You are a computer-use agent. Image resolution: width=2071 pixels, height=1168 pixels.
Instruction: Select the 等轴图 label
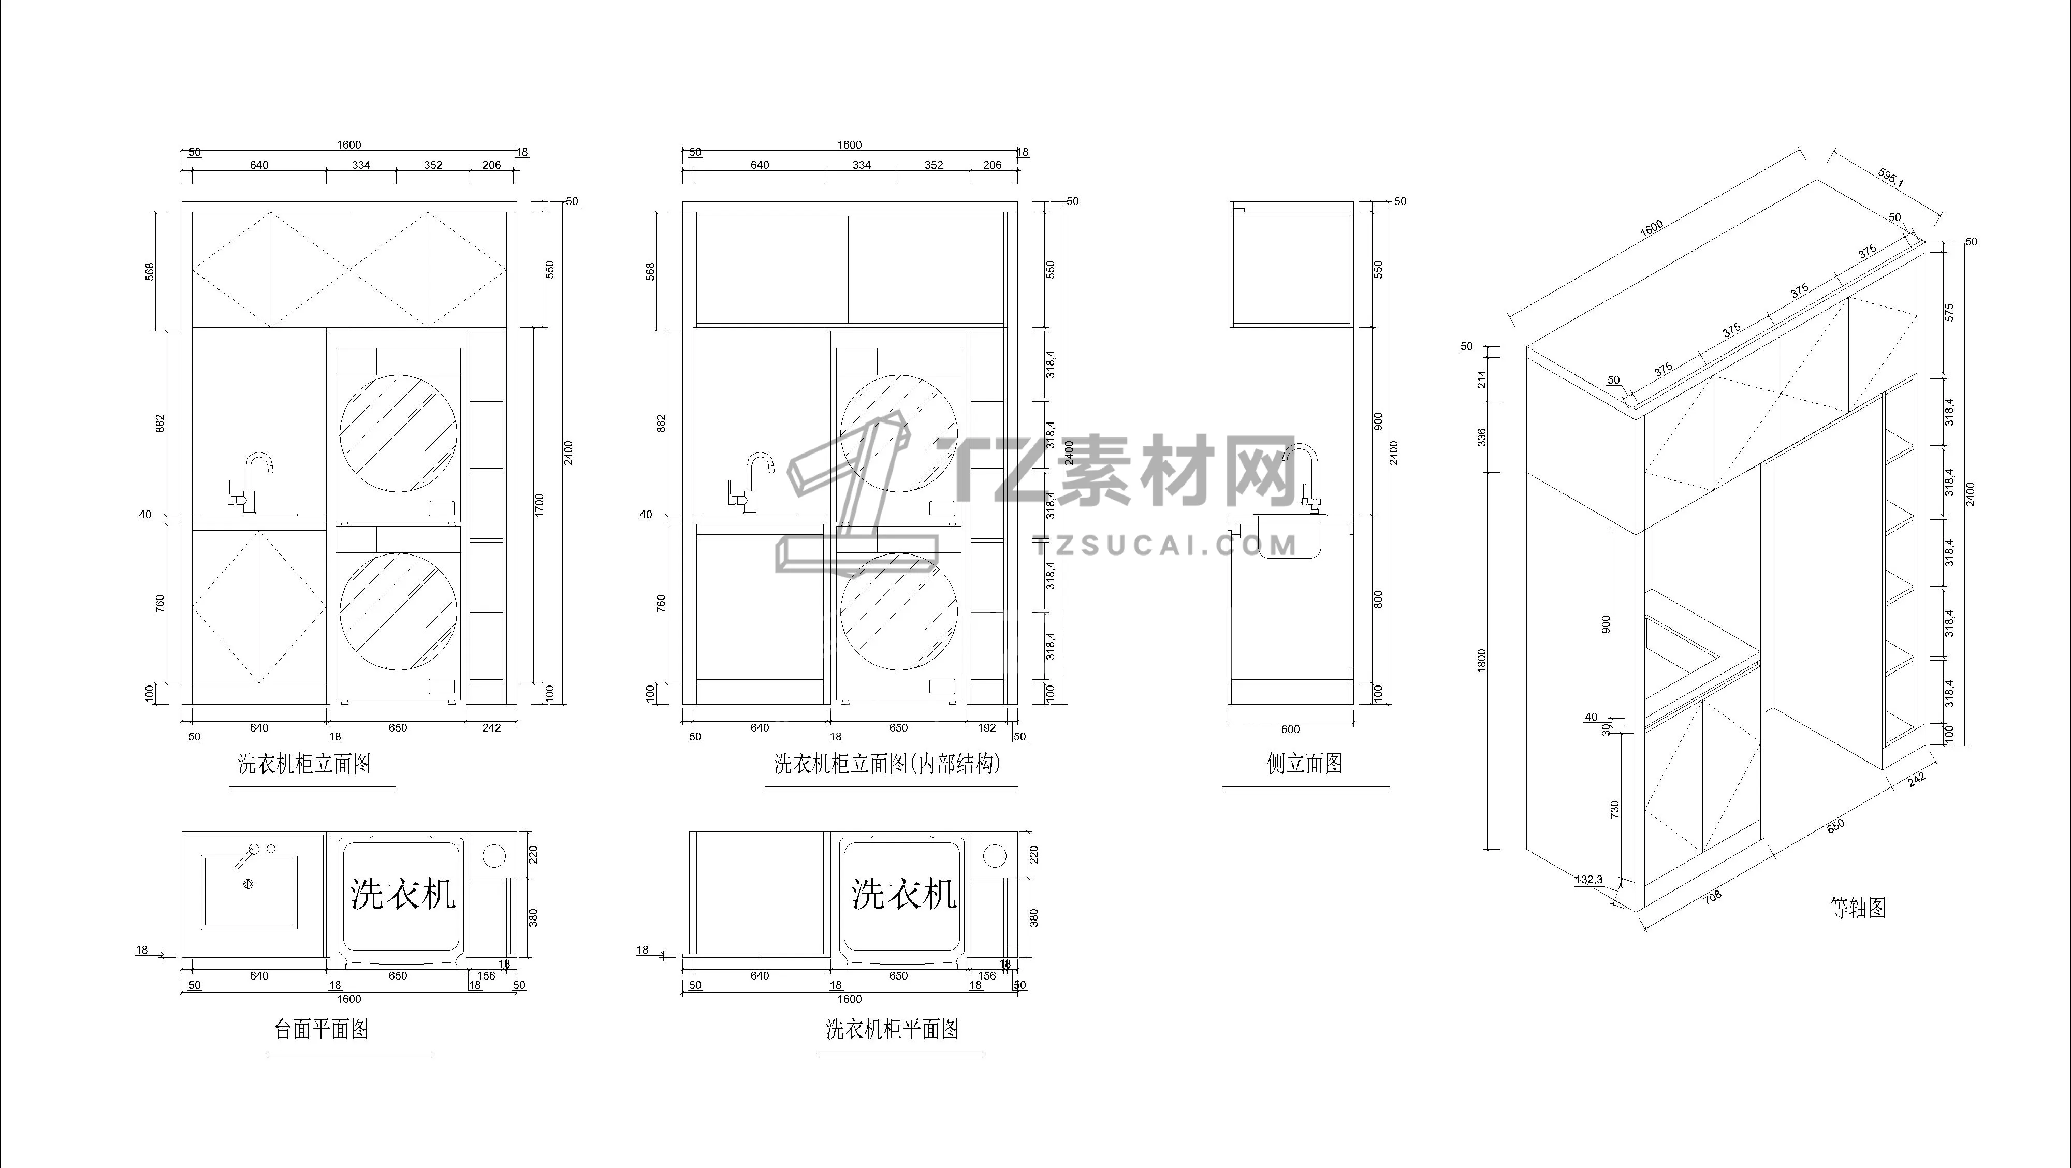1857,908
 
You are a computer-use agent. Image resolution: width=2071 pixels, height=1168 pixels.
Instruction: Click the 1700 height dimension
539,505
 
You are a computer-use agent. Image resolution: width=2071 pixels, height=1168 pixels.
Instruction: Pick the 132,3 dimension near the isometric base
1588,880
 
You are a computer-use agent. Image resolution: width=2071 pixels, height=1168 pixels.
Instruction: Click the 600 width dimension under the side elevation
1290,729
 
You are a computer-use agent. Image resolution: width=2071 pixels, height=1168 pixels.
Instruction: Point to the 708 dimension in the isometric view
1712,896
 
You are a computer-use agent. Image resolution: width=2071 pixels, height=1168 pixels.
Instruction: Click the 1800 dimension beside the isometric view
1482,660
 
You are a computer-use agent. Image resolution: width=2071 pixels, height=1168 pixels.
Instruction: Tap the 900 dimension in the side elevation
1378,421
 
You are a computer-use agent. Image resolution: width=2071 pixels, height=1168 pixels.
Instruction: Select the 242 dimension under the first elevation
491,727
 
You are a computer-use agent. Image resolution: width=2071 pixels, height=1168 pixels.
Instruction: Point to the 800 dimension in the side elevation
1378,599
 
